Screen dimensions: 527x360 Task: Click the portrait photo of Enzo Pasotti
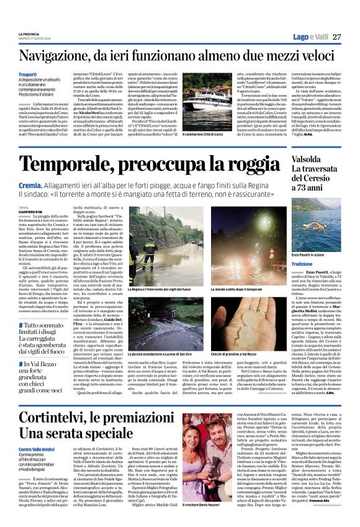pyautogui.click(x=316, y=222)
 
